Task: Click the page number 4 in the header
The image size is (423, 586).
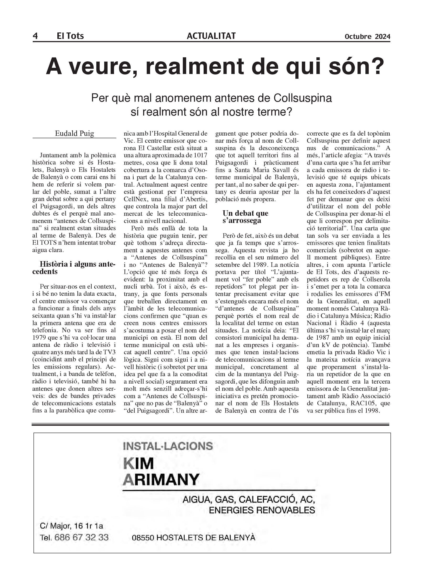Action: [35, 36]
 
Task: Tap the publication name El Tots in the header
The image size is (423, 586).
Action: [70, 36]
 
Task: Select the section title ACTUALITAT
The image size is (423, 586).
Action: [211, 36]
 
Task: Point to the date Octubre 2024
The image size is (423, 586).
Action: [367, 37]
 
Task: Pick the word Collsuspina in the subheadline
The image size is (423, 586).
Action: [303, 98]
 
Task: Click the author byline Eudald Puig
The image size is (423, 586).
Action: [75, 133]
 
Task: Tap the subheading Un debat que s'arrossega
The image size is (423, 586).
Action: [245, 216]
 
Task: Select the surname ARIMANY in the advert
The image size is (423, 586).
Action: [161, 480]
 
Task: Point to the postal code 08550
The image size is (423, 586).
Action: [143, 538]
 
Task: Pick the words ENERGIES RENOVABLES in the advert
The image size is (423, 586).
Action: [262, 510]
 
